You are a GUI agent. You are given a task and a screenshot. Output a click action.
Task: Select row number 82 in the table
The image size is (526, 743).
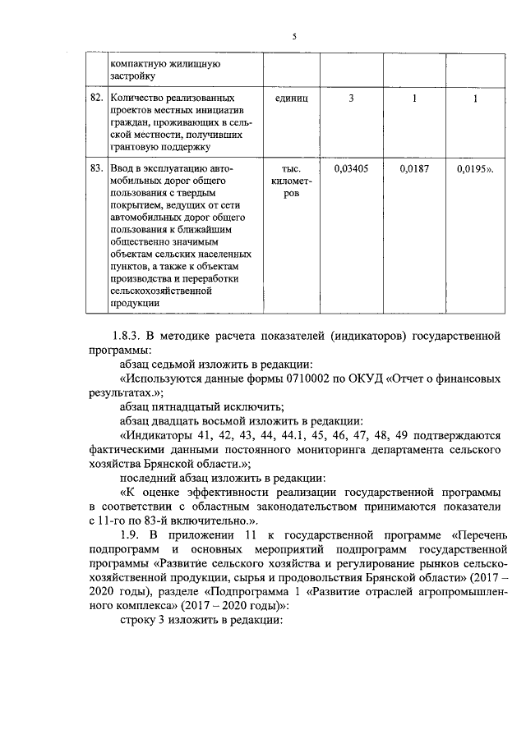pos(96,99)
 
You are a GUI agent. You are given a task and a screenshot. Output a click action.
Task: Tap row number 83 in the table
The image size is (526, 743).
pos(96,167)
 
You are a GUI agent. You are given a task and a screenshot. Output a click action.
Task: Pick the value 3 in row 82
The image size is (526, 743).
pos(351,99)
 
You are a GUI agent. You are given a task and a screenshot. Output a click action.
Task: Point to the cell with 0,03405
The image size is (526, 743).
pos(351,167)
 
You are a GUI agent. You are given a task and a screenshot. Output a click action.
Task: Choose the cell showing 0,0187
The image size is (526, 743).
pos(414,167)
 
